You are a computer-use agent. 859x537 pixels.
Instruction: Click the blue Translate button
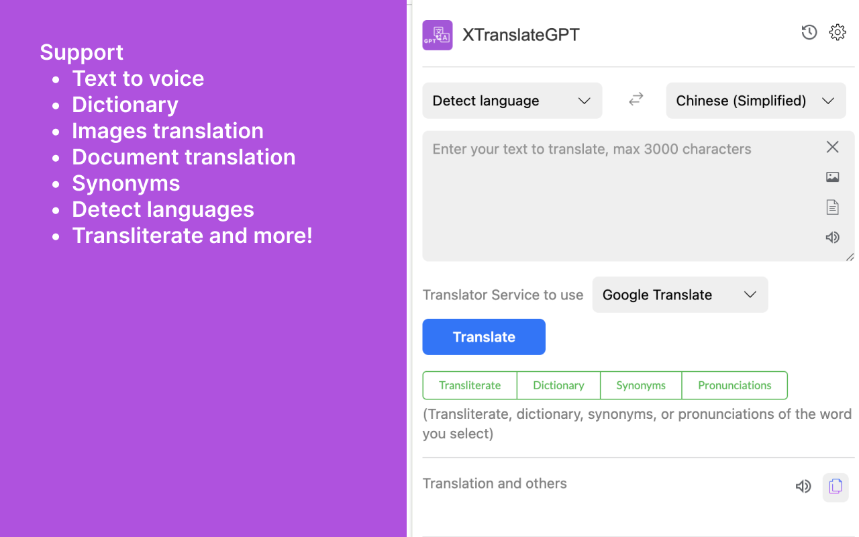point(483,337)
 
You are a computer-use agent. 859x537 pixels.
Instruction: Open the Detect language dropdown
point(511,101)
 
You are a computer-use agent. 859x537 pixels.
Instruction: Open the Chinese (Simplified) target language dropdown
point(755,101)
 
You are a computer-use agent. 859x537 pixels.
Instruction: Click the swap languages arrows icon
point(636,99)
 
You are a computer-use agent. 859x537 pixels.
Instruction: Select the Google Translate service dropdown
point(679,295)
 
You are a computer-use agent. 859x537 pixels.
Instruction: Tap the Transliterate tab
point(470,385)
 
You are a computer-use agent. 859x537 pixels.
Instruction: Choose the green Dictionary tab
point(558,385)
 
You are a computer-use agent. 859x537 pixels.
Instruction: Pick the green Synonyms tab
point(641,385)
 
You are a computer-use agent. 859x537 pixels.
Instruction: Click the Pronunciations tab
point(734,385)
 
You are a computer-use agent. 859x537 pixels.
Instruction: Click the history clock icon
point(809,32)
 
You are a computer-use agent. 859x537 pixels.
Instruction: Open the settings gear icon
point(837,32)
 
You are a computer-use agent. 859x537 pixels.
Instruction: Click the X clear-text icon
point(832,147)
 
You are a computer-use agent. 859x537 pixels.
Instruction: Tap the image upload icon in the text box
point(832,177)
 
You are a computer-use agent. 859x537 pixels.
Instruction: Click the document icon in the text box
point(832,207)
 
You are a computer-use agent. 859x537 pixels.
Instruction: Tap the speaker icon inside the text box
point(832,237)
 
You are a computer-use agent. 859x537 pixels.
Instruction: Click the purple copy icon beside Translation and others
point(836,487)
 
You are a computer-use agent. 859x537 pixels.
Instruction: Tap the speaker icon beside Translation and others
point(803,487)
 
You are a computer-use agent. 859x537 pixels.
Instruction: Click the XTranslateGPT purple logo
point(438,35)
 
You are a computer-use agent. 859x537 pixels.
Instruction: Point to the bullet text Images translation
point(168,131)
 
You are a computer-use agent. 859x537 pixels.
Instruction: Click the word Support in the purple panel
point(81,52)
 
